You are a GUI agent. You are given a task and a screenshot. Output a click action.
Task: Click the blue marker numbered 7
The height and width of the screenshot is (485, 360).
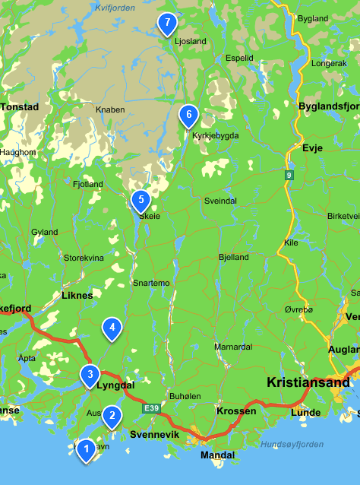167,24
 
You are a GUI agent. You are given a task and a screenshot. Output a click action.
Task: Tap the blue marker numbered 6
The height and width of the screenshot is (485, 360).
188,116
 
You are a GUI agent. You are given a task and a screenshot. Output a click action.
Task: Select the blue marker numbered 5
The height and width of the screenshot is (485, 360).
140,201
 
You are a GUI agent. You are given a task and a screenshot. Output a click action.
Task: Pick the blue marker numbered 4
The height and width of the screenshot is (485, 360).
112,328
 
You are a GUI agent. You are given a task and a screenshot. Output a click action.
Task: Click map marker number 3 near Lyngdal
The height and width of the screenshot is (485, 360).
90,374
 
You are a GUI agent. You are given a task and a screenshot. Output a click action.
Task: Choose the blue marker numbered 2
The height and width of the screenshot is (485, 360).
112,415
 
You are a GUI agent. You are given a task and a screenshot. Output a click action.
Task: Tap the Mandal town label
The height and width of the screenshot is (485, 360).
216,455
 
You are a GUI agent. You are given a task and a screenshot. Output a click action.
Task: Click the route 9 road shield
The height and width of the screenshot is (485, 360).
289,176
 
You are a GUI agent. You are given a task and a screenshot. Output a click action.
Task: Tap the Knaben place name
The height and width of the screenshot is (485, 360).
110,109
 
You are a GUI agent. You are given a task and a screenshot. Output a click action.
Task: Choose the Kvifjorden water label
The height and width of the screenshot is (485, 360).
114,7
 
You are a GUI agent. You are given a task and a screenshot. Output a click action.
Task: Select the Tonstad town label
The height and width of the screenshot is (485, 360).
19,107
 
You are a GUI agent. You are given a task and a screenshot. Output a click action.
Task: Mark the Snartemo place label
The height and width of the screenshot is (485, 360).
151,283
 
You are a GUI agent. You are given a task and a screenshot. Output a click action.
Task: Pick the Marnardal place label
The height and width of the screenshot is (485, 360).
232,347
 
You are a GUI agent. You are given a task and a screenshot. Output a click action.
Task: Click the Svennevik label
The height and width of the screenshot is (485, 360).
154,435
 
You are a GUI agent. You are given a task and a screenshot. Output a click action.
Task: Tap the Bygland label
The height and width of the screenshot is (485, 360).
313,17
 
